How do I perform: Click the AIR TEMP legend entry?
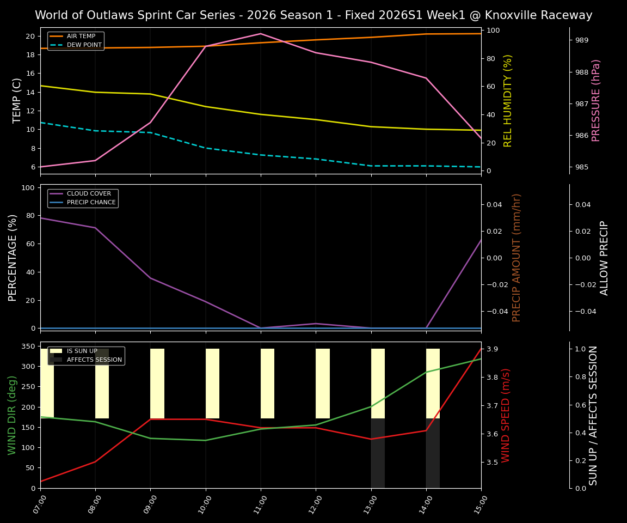[81, 37]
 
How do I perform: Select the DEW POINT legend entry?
[84, 45]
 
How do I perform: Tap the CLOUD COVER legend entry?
[89, 194]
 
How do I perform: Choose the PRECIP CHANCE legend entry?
[91, 203]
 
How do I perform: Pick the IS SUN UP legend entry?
[82, 351]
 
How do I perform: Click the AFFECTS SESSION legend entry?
[94, 360]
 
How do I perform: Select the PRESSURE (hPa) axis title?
[597, 100]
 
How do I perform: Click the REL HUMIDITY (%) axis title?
[508, 100]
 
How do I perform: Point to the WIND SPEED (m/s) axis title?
[506, 415]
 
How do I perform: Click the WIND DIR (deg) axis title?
[12, 415]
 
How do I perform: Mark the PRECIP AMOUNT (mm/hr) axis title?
[517, 258]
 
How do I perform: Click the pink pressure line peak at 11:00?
[261, 34]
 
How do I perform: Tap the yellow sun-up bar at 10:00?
[212, 384]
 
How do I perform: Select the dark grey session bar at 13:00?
[378, 453]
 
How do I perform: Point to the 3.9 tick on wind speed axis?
[493, 349]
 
